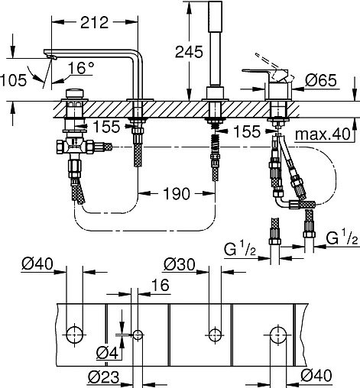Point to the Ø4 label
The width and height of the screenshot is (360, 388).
109,352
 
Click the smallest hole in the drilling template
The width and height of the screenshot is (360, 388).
138,335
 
